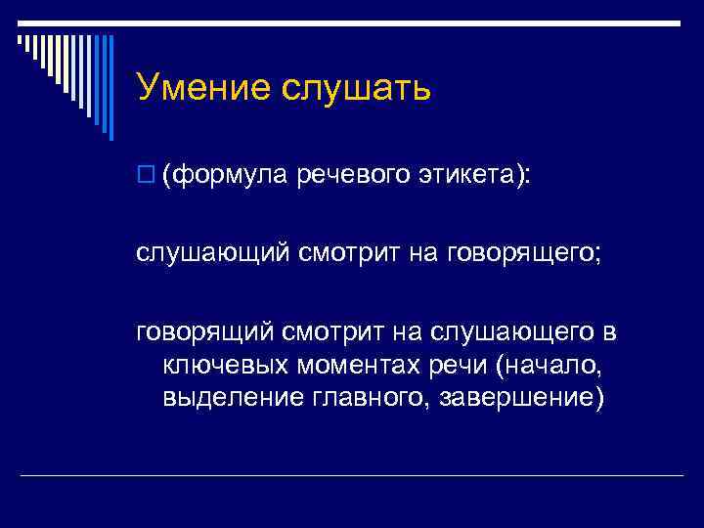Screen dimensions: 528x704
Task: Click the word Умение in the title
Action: point(203,88)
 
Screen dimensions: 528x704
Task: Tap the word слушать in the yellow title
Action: point(357,88)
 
